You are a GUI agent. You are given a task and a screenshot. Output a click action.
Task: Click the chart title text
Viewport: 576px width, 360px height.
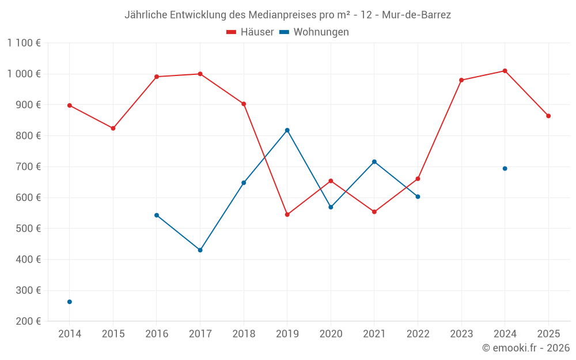pos(287,15)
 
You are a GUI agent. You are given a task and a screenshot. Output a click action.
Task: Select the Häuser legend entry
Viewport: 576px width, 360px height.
pos(250,32)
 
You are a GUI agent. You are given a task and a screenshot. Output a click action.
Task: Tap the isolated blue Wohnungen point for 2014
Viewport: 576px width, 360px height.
pos(70,302)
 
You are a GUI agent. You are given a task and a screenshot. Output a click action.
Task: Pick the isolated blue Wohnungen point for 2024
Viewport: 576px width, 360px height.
pos(505,169)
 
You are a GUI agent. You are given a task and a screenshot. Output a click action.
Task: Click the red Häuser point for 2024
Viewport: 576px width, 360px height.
pos(505,71)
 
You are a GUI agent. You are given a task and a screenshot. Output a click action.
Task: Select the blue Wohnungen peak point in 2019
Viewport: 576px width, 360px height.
pos(287,130)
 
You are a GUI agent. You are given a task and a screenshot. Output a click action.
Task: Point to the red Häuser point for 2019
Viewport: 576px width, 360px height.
pos(287,215)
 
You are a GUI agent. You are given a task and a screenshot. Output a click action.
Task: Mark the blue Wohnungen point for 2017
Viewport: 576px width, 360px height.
pos(200,250)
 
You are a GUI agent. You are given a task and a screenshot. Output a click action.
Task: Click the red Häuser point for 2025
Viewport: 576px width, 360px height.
pos(548,116)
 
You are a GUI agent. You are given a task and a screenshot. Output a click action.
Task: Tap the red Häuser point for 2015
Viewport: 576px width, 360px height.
pos(113,128)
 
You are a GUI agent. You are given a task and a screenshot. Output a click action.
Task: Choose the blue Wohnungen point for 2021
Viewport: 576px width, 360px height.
pos(374,162)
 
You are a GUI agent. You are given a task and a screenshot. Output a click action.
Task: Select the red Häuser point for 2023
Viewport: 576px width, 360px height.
pos(461,80)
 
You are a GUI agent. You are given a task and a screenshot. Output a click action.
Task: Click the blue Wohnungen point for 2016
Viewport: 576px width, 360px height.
pos(157,215)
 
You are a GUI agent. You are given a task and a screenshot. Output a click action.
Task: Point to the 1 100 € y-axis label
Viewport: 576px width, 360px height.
pos(24,43)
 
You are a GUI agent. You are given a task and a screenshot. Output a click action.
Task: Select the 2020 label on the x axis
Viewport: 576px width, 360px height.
pos(331,334)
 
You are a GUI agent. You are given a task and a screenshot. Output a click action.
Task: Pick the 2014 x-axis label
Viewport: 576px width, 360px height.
pos(70,334)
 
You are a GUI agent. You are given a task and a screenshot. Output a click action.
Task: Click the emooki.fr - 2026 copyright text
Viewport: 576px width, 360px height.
pos(526,348)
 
